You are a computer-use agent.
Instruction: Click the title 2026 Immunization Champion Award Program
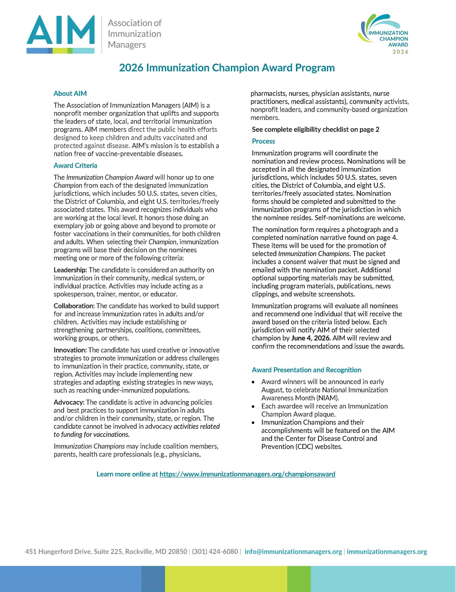227,68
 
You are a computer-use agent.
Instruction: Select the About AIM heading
70,93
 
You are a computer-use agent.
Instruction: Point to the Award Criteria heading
75,166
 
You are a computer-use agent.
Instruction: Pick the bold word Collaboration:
74,306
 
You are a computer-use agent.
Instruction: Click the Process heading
263,141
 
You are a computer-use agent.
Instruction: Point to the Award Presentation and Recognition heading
306,370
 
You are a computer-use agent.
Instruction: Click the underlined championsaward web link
247,474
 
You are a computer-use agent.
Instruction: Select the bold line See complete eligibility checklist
315,129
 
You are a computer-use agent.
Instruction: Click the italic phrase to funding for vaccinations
92,435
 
